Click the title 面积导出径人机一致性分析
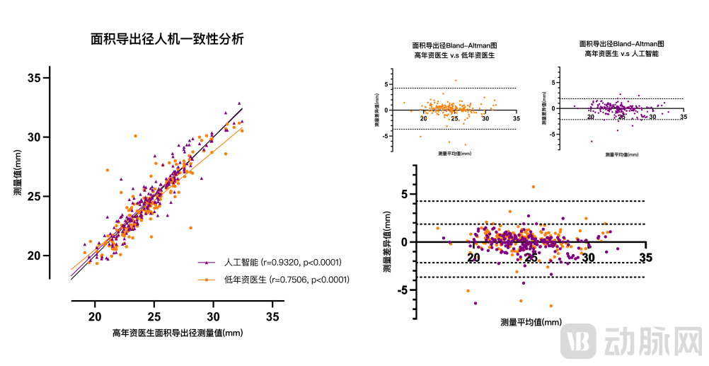pos(167,40)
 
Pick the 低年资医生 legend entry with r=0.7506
pos(287,280)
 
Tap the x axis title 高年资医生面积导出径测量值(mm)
pos(178,333)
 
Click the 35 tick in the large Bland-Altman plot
pos(645,258)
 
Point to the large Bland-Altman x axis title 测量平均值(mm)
pos(531,322)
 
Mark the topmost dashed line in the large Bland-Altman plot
pos(531,202)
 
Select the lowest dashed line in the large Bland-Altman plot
pos(531,277)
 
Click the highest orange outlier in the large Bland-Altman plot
pos(533,187)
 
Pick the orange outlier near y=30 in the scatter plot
pos(134,136)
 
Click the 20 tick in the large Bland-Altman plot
pos(474,258)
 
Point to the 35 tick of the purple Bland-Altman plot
pos(683,116)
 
